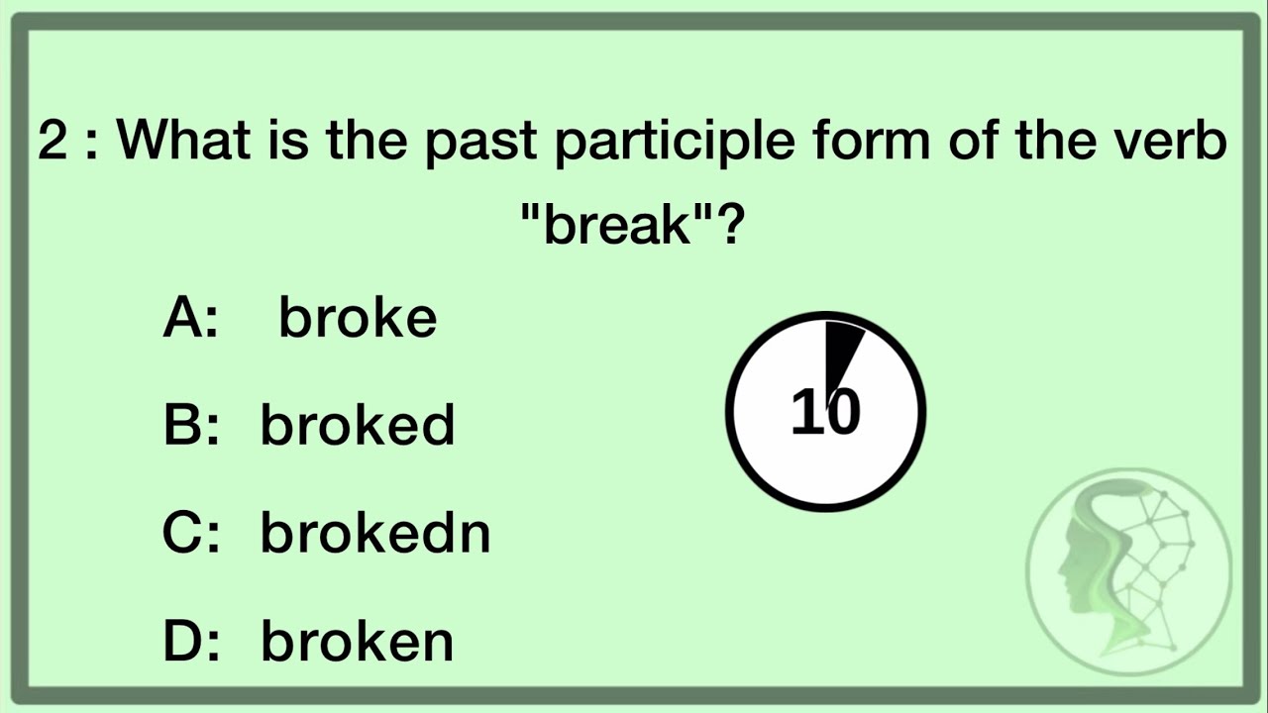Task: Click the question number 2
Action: click(x=53, y=142)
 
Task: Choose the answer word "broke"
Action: click(x=357, y=319)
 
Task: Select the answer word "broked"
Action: click(x=357, y=426)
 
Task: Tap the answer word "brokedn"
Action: click(x=374, y=533)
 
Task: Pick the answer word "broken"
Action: click(x=357, y=641)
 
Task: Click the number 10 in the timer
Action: click(x=825, y=412)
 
